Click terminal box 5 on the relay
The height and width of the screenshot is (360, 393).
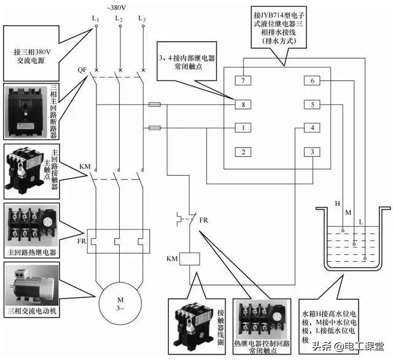tap(312, 105)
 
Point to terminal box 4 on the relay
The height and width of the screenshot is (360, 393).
tap(312, 128)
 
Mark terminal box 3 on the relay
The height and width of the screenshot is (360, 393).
tap(312, 152)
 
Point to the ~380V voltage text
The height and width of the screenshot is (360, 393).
tap(119, 7)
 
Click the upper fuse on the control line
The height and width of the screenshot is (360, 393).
tap(155, 105)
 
